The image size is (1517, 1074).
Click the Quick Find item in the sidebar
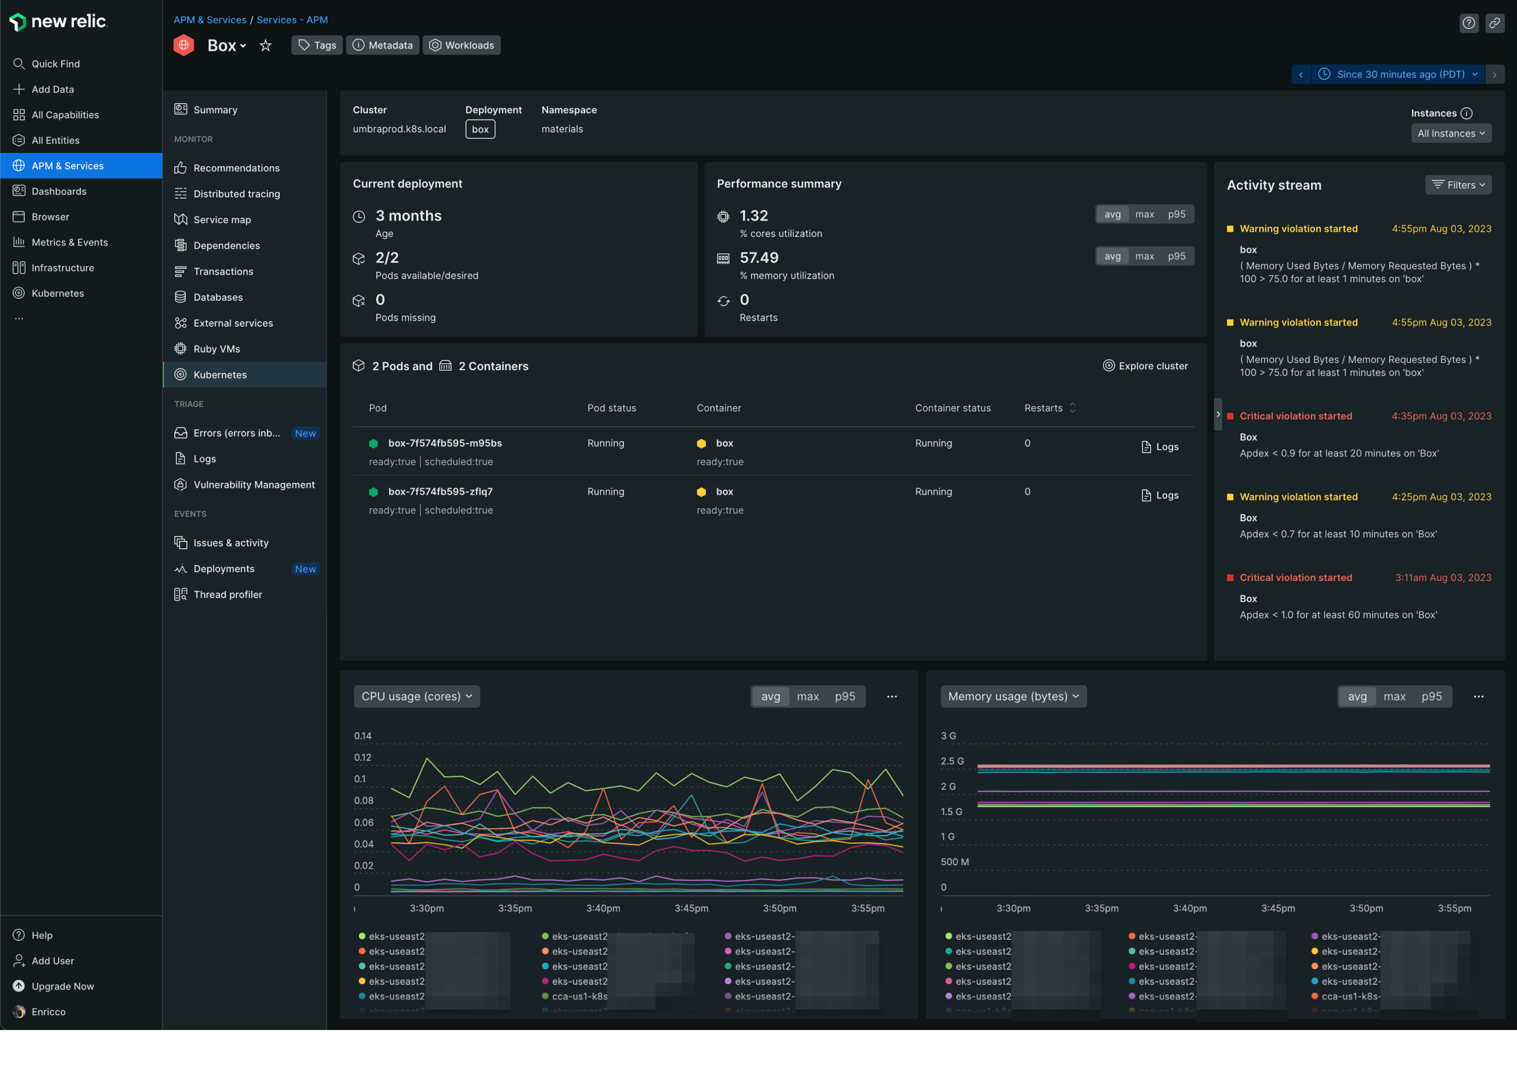(55, 64)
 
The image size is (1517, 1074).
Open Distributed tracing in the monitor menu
(236, 194)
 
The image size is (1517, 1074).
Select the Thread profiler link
(227, 595)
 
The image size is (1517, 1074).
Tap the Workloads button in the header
(461, 45)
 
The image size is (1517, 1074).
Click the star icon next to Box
(265, 45)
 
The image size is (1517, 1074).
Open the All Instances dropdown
(1451, 133)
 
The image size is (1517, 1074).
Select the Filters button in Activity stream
(1458, 185)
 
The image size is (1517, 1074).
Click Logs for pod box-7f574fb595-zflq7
(1160, 495)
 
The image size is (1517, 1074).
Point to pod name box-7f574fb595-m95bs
(445, 443)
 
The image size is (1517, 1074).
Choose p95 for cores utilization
(1176, 214)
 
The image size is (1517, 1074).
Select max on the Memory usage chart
(1394, 697)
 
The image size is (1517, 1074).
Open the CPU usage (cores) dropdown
(416, 697)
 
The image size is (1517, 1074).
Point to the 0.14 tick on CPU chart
(362, 736)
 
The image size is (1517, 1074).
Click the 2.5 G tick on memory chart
(952, 761)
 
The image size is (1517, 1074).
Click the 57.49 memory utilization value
(758, 257)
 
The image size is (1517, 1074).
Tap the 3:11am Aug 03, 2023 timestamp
(1443, 578)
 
